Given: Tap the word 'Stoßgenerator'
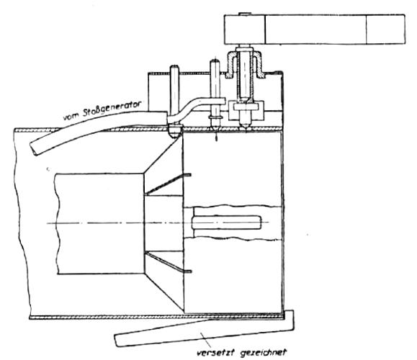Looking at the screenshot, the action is [x=112, y=108].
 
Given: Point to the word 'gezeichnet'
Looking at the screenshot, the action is [x=264, y=353].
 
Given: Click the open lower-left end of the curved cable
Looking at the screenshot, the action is [x=34, y=150].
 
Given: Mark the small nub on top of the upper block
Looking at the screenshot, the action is [x=243, y=14].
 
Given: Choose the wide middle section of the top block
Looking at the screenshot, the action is [x=316, y=30].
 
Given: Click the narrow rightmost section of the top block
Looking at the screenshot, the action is [x=385, y=30].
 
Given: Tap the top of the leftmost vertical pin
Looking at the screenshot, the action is [x=174, y=66].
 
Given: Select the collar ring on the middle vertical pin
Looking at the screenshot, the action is [x=215, y=117].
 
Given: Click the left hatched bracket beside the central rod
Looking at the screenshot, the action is [x=231, y=65].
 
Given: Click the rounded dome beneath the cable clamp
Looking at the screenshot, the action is [x=174, y=133].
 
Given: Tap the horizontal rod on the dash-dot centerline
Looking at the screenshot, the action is [x=227, y=222].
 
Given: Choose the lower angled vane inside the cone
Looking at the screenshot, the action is [x=168, y=262].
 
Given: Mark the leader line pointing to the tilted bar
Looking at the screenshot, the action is [x=206, y=340].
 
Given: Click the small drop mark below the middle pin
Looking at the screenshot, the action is [x=217, y=138].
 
